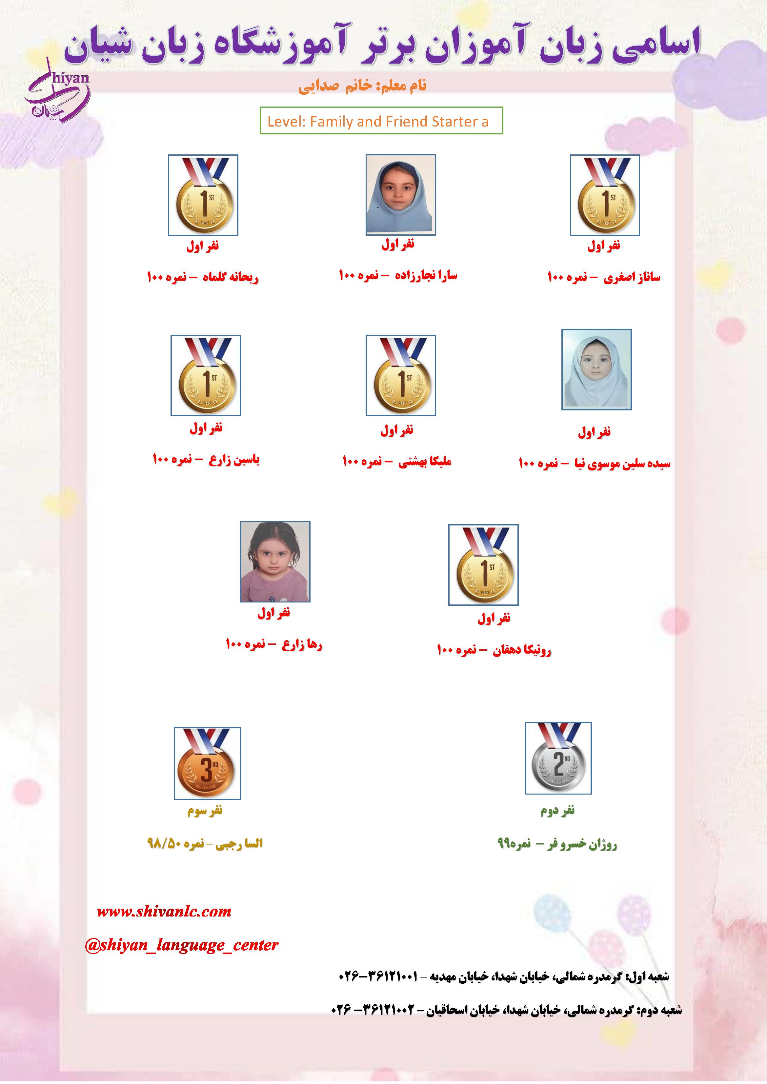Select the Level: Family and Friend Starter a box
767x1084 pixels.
(381, 121)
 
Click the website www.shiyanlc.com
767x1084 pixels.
(164, 912)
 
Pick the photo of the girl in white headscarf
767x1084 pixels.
(596, 370)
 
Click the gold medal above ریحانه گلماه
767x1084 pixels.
(203, 195)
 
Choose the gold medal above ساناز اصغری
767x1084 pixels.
(605, 195)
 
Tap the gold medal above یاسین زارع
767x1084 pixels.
(206, 375)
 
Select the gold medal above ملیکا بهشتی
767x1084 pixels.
(400, 375)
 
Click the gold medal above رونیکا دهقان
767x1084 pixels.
(483, 565)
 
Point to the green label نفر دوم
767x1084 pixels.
(558, 811)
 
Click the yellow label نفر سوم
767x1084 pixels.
(205, 811)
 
